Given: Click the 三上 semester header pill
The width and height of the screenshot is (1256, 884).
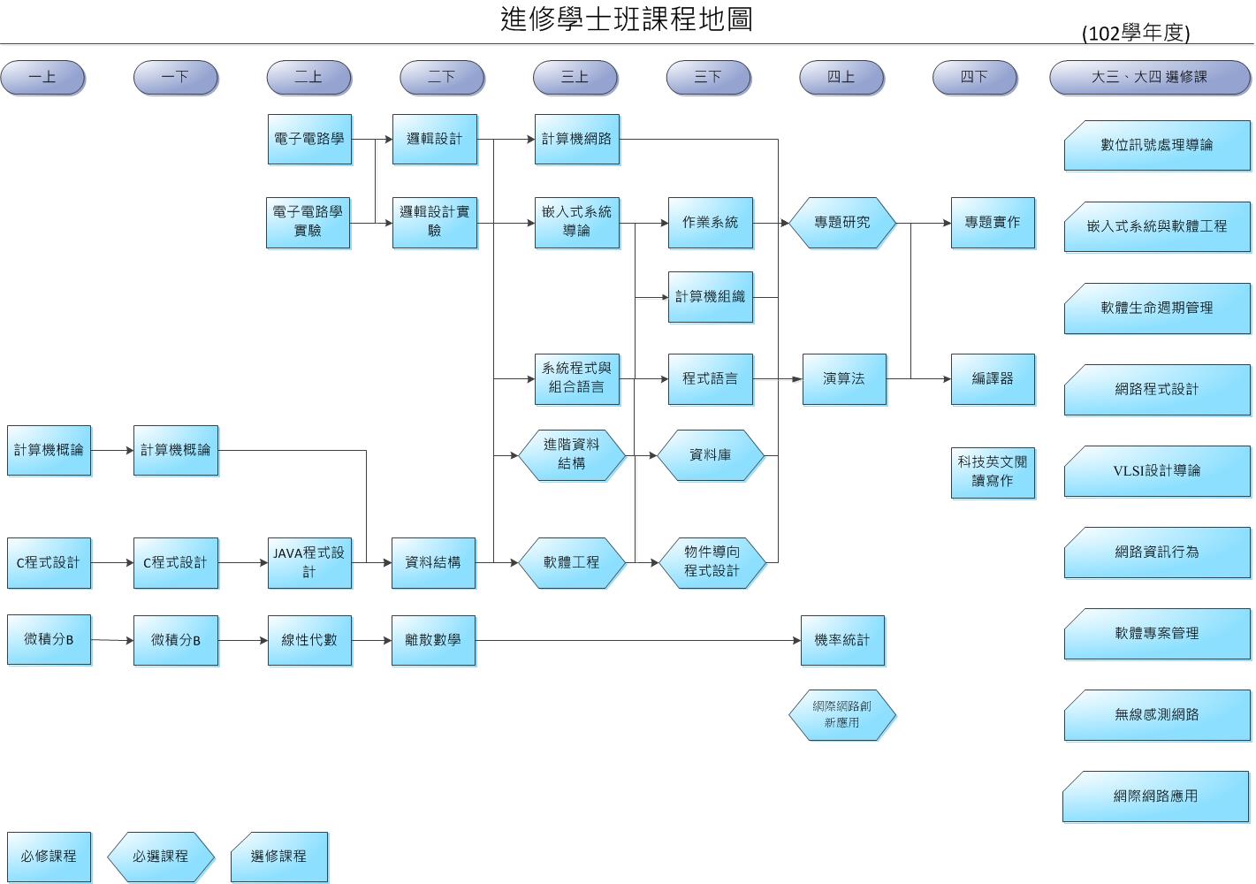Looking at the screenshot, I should (x=575, y=78).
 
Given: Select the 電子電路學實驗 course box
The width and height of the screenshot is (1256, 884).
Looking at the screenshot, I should (x=308, y=222).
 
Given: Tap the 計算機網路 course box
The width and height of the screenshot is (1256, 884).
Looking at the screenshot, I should (x=576, y=139).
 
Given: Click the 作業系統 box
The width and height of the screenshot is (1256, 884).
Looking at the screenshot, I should (x=710, y=223).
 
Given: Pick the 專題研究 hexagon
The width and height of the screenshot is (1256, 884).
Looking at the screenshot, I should (x=841, y=223).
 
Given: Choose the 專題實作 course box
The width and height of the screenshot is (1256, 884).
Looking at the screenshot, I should (x=992, y=223).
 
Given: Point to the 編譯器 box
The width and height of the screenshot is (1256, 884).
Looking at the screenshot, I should (x=992, y=379).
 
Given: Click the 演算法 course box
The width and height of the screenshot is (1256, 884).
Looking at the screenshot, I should (x=843, y=379).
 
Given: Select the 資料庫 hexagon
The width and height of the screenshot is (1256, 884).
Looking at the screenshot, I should (x=710, y=455).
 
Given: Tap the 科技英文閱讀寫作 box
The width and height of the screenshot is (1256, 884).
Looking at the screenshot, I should (x=992, y=472).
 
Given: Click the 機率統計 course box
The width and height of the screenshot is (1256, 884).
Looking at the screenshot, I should (x=841, y=640).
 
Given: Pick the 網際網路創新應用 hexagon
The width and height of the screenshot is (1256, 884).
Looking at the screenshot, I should (x=841, y=714).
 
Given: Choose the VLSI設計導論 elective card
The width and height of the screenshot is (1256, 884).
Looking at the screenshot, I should (x=1156, y=471).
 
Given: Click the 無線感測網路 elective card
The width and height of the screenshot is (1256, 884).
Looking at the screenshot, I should (x=1156, y=715).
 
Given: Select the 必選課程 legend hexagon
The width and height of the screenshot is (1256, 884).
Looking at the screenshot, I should (x=160, y=857).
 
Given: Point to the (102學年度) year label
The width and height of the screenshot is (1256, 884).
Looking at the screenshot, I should (x=1135, y=34).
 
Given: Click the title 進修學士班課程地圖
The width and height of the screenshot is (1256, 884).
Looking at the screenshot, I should (x=627, y=19).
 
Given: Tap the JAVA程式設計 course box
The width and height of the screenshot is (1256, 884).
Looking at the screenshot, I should (x=308, y=562).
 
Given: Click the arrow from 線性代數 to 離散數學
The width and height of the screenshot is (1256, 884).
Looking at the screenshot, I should (x=371, y=640).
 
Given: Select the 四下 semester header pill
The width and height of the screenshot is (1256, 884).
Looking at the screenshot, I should (x=974, y=78).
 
